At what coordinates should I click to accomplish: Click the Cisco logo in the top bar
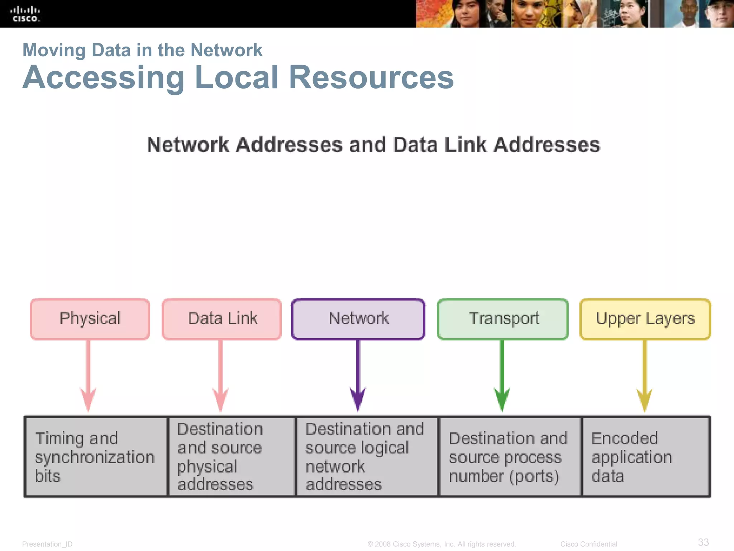(25, 14)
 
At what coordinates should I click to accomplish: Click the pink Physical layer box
(90, 319)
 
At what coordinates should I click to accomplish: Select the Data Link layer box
(222, 319)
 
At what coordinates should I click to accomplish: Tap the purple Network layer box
(358, 319)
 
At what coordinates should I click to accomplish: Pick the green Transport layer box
(503, 319)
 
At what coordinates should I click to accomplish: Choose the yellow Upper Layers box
(645, 319)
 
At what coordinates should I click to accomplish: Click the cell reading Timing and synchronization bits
(96, 457)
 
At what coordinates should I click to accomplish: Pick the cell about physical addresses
(231, 457)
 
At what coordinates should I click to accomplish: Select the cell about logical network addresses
(367, 457)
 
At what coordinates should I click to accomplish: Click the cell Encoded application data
(645, 457)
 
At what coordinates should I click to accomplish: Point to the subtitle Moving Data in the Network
(142, 50)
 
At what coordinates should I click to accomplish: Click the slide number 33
(703, 542)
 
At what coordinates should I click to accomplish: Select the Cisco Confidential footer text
(588, 544)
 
